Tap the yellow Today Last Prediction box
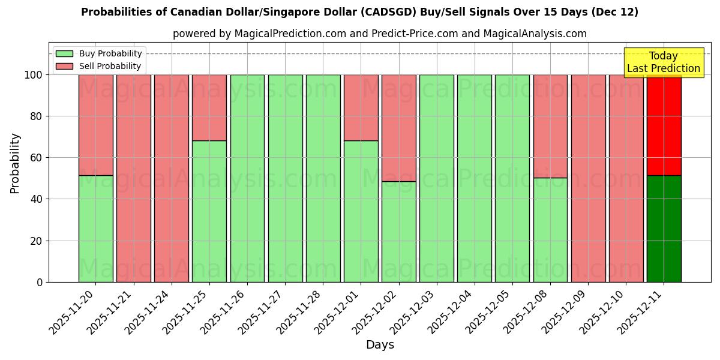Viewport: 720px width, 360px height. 663,62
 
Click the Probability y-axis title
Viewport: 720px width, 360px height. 15,163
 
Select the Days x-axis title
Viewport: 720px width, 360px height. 380,345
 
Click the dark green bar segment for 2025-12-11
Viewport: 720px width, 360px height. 664,229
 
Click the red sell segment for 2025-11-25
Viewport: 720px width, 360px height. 209,107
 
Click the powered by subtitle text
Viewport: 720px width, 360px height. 379,34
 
